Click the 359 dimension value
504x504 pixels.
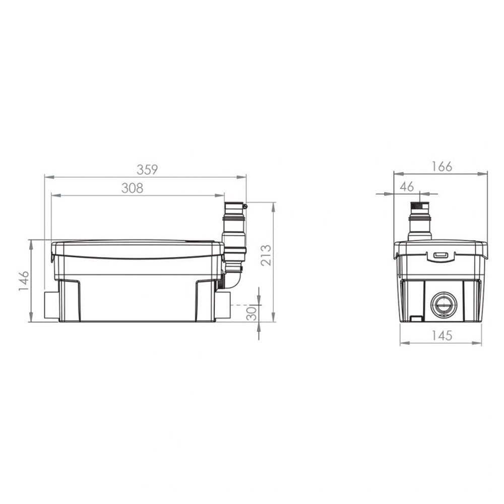tap(147, 170)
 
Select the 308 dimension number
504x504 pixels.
tap(132, 188)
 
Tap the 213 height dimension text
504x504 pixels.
tap(266, 255)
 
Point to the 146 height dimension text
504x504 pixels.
tap(24, 281)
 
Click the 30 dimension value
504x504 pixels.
tap(252, 313)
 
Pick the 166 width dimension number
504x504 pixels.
tap(442, 166)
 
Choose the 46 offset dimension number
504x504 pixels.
tap(407, 187)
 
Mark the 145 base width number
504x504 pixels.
tap(442, 336)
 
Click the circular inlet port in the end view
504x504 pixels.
tap(444, 305)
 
